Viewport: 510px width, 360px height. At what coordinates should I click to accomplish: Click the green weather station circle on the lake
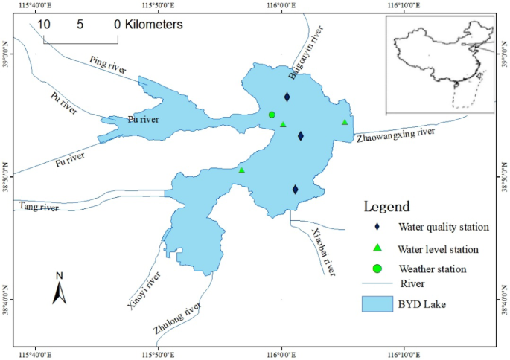[272, 115]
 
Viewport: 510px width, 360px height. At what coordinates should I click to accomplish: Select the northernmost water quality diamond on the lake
[287, 97]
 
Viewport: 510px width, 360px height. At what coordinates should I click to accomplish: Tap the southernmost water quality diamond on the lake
[296, 190]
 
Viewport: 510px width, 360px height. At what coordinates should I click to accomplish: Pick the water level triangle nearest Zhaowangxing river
[345, 123]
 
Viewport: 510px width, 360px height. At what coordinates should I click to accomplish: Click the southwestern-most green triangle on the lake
[242, 170]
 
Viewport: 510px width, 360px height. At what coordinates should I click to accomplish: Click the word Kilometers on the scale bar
[154, 24]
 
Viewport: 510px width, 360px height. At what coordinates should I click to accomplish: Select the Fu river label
[71, 158]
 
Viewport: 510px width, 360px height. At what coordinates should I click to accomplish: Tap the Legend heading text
[386, 206]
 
